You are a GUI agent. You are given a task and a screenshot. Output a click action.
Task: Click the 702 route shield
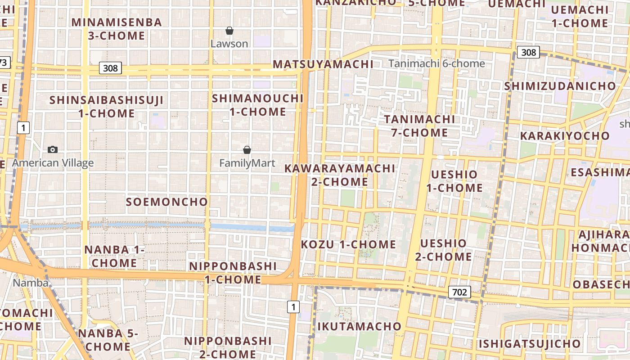point(459,292)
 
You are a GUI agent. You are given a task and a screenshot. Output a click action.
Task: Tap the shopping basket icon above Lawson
point(229,31)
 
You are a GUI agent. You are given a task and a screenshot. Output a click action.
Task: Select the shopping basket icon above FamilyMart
point(247,150)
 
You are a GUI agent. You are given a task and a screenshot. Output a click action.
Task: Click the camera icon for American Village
point(53,149)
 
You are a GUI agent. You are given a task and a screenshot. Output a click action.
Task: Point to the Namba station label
point(31,283)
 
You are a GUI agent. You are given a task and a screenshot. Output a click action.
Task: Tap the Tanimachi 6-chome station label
point(436,63)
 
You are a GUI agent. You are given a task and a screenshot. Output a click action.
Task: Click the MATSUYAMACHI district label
point(323,64)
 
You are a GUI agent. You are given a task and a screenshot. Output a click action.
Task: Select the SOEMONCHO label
point(166,202)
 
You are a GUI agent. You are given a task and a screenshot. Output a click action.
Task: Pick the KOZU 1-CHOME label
point(348,244)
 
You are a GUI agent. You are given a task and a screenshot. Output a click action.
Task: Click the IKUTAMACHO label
point(359,326)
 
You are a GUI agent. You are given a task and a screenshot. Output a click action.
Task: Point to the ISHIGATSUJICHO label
point(529,344)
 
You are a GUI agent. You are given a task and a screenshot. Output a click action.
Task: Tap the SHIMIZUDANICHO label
point(560,85)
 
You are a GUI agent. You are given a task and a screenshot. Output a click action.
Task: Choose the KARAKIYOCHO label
point(565,135)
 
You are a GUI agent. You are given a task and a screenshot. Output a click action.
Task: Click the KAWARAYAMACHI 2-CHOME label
point(340,175)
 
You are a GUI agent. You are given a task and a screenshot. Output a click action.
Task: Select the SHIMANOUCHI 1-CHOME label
point(258,105)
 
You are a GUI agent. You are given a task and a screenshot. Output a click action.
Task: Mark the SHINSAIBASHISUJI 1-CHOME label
point(107,107)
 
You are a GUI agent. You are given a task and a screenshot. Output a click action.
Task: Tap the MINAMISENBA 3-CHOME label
point(117,29)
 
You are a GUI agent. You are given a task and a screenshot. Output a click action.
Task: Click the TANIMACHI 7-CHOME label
point(419,126)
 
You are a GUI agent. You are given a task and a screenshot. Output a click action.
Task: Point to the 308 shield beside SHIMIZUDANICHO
point(528,52)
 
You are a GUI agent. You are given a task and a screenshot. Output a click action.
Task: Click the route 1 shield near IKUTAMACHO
point(293,307)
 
